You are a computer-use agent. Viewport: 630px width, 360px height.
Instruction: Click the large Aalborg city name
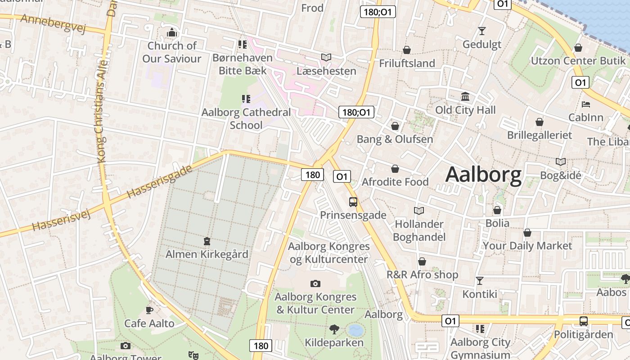[x=483, y=175]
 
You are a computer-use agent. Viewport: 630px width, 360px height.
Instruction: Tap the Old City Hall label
[x=465, y=110]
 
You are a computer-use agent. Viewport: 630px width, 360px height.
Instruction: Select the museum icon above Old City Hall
[x=465, y=97]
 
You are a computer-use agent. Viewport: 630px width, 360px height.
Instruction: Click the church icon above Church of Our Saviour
[x=171, y=33]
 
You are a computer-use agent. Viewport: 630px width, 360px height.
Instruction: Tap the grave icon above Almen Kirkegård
[x=207, y=242]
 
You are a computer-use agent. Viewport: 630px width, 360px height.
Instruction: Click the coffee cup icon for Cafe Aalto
[x=149, y=310]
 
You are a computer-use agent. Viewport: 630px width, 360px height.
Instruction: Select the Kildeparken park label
[x=334, y=342]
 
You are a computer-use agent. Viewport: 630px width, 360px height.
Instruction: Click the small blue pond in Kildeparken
[x=355, y=331]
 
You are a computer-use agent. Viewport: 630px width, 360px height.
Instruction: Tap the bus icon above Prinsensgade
[x=353, y=202]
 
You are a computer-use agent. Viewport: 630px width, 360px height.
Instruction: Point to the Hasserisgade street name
[x=159, y=182]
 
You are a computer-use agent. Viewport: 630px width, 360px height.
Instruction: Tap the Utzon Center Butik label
[x=578, y=61]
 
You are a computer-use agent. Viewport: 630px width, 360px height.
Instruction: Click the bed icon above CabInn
[x=586, y=104]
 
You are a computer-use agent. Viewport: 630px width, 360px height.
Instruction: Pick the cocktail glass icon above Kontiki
[x=480, y=281]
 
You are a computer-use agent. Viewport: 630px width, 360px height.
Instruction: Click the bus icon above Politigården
[x=584, y=321]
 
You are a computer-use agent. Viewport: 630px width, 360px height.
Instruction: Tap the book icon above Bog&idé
[x=561, y=162]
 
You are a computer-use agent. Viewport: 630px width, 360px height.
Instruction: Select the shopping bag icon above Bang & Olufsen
[x=395, y=126]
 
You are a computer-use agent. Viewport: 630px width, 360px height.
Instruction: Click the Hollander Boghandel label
[x=419, y=230]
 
